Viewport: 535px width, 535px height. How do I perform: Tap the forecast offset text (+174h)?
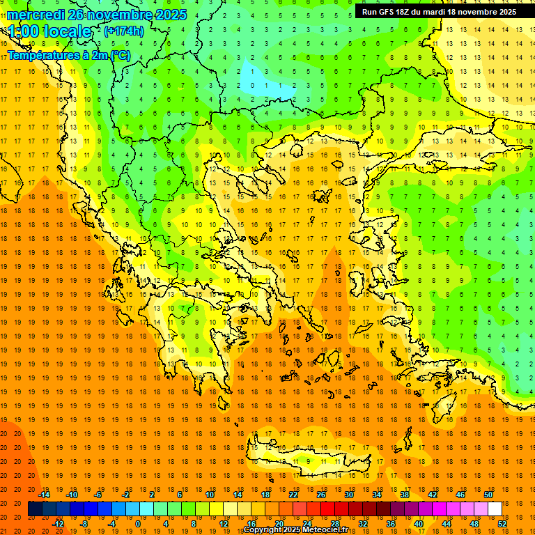click(124, 31)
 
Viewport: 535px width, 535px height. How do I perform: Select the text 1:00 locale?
click(49, 32)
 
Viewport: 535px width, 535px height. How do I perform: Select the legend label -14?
click(45, 494)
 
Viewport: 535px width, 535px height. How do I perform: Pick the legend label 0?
click(138, 523)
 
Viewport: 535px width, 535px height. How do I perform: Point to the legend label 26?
click(321, 494)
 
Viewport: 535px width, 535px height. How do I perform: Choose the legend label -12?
click(58, 523)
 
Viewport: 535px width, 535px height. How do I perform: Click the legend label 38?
click(405, 494)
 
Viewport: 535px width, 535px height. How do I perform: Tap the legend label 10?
click(210, 494)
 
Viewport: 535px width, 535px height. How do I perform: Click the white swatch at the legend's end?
click(495, 509)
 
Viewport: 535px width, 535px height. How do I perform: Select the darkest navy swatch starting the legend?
click(35, 509)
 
